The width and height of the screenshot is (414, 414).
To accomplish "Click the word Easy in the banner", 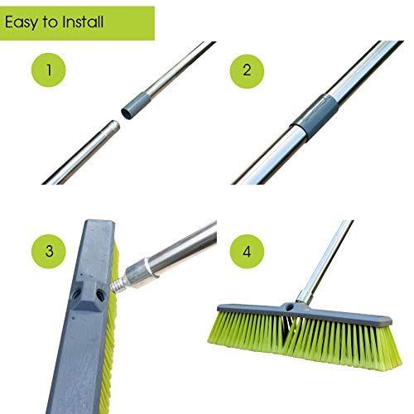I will [25, 22].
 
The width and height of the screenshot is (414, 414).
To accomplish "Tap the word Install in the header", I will [83, 22].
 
